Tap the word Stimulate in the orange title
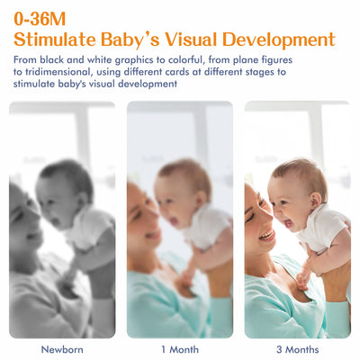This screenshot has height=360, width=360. click(x=65, y=40)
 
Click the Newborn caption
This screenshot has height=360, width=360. click(x=62, y=348)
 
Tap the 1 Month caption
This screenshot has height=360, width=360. click(x=179, y=348)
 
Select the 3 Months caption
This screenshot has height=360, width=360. click(x=297, y=348)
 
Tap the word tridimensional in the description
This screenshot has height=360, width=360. click(x=55, y=72)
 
